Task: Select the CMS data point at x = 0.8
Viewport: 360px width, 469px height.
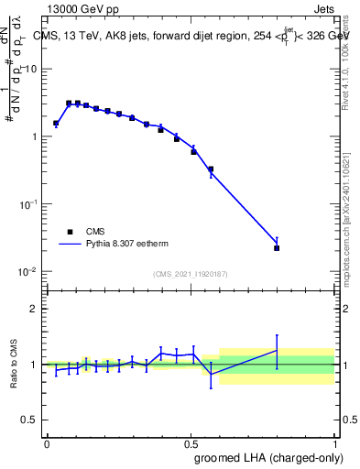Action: point(277,248)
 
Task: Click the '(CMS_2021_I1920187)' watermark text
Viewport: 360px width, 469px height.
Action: point(191,274)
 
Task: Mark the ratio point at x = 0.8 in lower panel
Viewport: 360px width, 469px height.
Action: point(277,350)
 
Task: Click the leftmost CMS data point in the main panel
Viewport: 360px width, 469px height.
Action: point(56,123)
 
